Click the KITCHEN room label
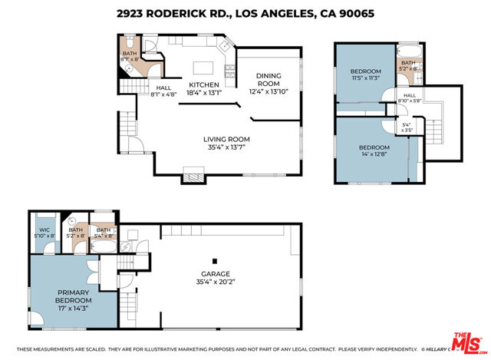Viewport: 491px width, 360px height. tap(205, 84)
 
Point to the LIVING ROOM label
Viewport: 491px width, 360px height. tap(226, 139)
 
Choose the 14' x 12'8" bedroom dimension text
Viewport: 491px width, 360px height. tap(374, 153)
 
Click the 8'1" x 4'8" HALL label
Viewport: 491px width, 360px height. tap(163, 91)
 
